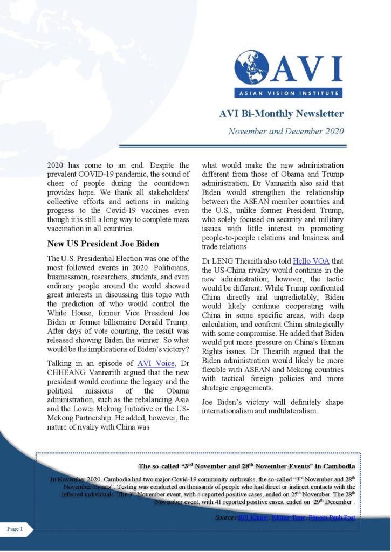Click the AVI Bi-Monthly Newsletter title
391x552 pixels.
point(281,114)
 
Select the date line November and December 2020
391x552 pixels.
point(286,131)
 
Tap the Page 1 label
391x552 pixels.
point(15,529)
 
